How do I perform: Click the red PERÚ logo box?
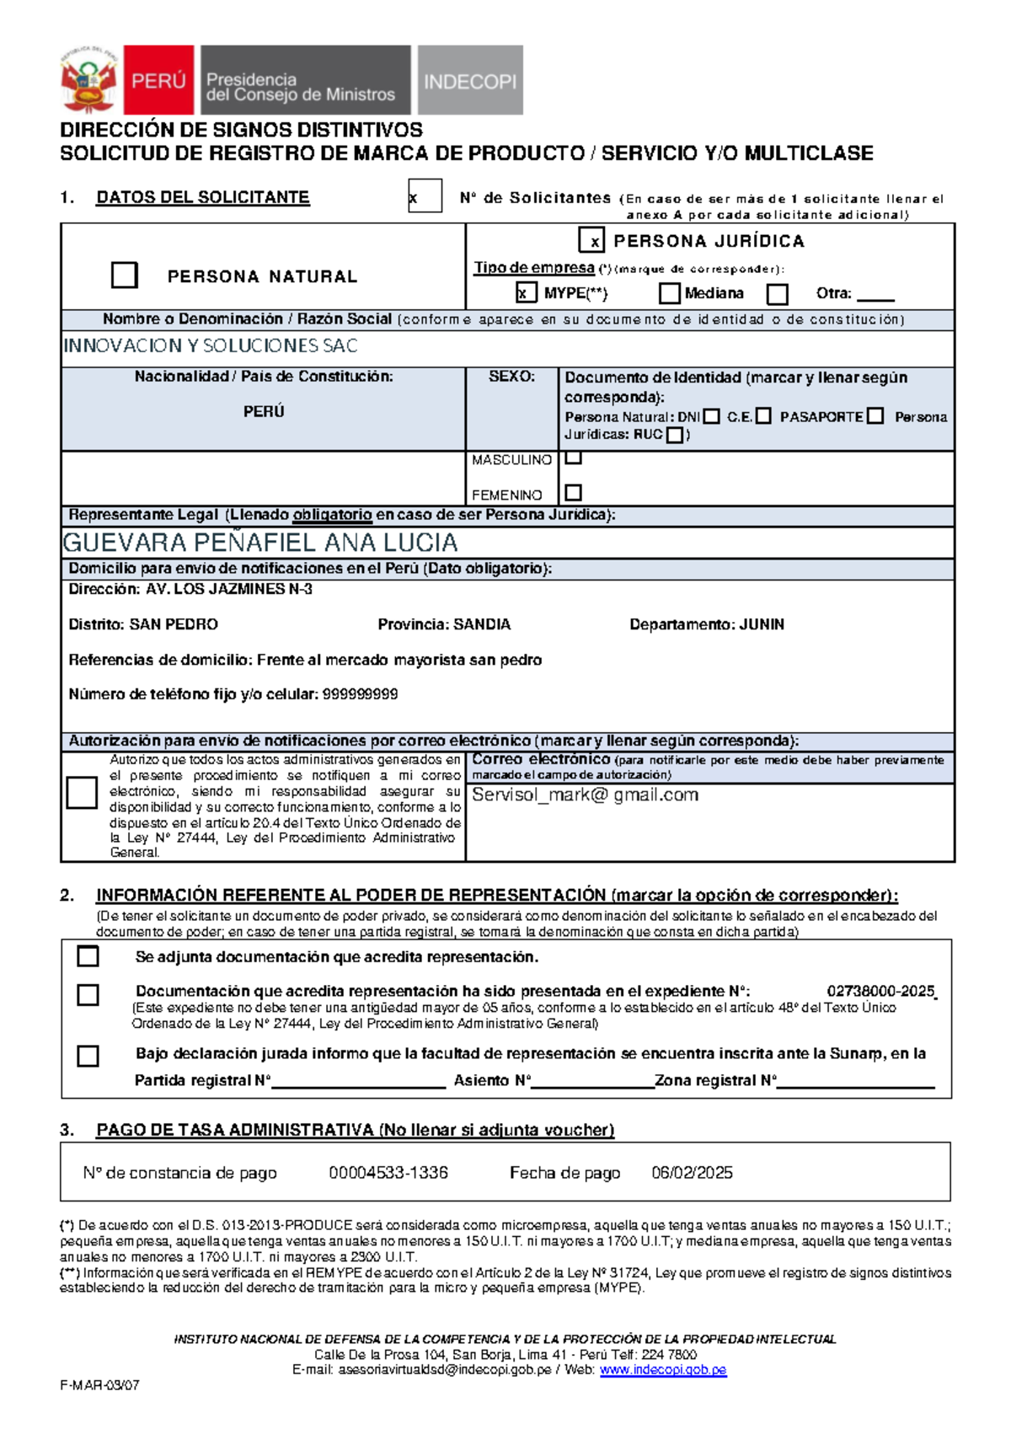pos(158,80)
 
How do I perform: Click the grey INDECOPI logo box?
pos(470,81)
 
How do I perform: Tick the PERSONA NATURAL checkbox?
pos(124,276)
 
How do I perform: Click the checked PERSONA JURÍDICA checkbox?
pos(591,241)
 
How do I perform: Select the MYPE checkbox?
pos(525,292)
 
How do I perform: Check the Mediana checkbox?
pos(670,293)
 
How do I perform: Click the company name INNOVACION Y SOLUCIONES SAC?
pos(211,345)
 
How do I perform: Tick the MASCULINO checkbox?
pos(574,458)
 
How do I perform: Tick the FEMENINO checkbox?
pos(574,492)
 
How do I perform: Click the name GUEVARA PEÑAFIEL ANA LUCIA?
pos(260,543)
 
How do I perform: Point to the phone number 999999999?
pos(360,694)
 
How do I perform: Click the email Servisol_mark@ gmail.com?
pos(585,795)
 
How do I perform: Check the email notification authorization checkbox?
pos(82,793)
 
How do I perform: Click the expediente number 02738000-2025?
pos(880,991)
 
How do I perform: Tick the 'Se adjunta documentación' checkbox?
pos(88,956)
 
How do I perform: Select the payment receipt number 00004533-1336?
pos(388,1173)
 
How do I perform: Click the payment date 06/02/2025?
pos(692,1173)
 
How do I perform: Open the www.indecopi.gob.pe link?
pos(662,1370)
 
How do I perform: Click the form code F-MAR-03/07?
pos(99,1385)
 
